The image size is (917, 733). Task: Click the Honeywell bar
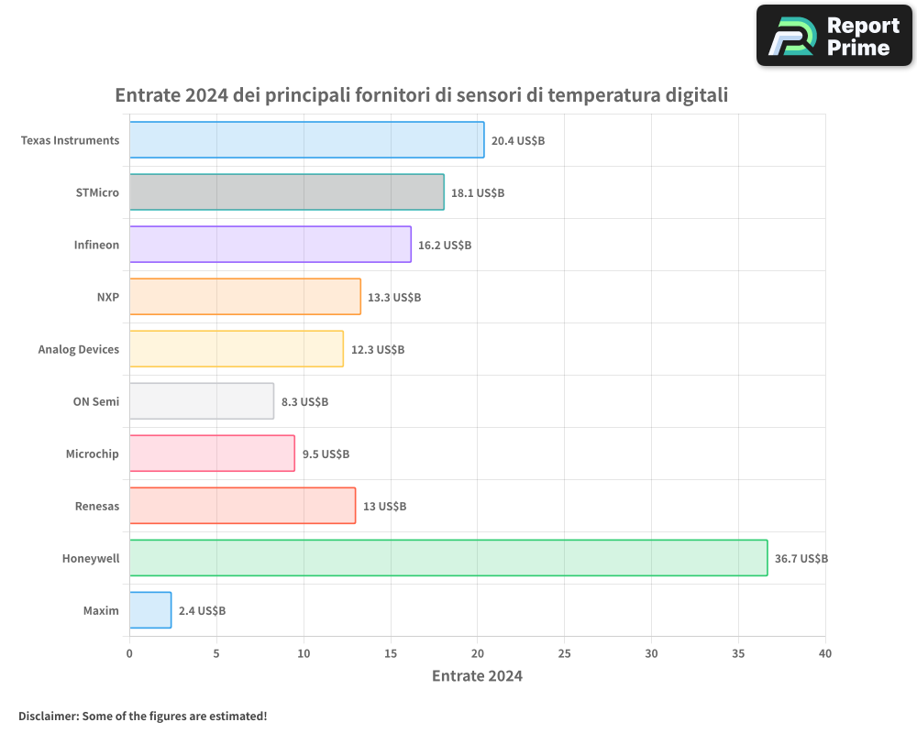click(x=447, y=558)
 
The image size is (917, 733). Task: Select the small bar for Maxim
click(x=150, y=610)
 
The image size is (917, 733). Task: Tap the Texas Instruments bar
click(x=306, y=140)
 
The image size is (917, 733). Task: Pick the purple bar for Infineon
click(x=270, y=245)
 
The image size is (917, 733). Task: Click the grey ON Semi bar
click(x=201, y=401)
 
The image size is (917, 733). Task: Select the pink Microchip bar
click(x=212, y=454)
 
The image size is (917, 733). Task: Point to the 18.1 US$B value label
click(x=478, y=193)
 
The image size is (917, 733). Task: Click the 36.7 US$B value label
click(x=801, y=559)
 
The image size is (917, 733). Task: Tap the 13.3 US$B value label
click(x=394, y=298)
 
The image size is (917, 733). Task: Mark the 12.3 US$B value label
click(x=377, y=350)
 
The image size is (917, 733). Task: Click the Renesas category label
click(x=96, y=506)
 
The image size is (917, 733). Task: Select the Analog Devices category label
click(x=79, y=349)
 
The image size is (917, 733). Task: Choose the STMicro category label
click(x=97, y=192)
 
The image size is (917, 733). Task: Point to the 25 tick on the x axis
click(x=564, y=654)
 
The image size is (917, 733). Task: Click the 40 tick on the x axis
click(x=825, y=654)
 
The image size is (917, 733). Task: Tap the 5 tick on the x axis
click(x=216, y=654)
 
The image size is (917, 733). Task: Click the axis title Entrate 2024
click(x=477, y=676)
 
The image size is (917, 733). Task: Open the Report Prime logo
click(x=834, y=35)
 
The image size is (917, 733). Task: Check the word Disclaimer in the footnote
click(x=48, y=716)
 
